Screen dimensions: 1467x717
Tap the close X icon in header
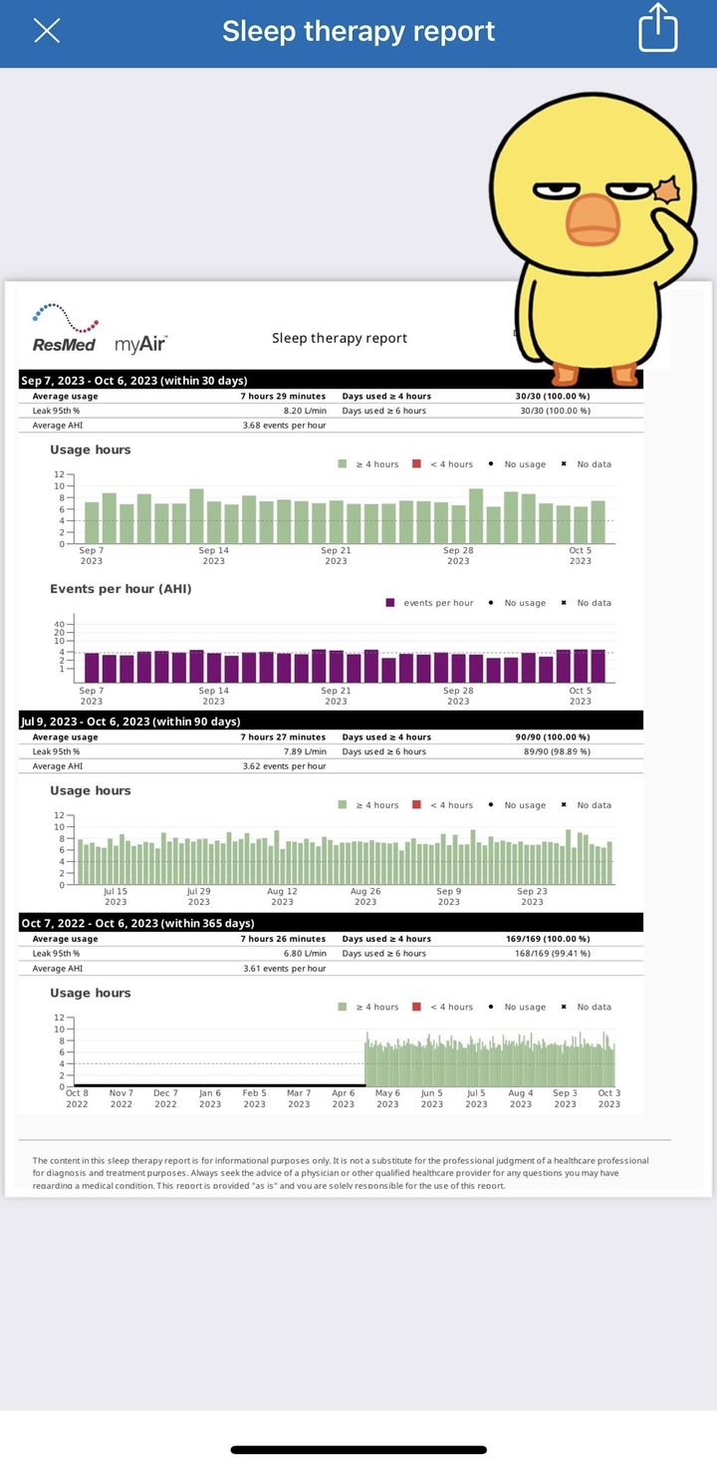point(47,31)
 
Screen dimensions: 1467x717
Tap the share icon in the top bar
point(657,28)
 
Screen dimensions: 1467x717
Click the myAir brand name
point(140,345)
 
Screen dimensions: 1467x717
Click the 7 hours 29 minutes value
point(283,397)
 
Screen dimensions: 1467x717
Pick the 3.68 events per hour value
point(284,426)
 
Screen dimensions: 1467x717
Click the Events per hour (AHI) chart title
point(120,589)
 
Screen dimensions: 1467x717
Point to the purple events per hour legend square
point(390,603)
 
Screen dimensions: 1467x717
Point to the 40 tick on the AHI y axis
point(59,624)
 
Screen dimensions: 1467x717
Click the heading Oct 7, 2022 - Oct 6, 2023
point(137,924)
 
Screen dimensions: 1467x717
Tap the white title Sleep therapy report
point(358,31)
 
